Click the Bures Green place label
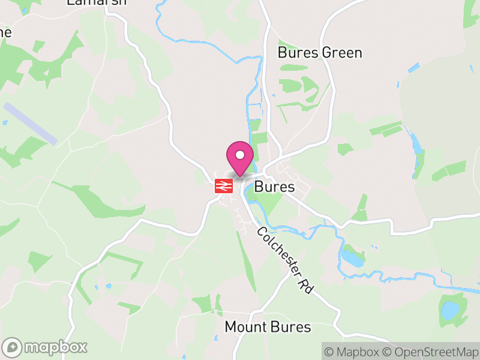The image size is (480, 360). (320, 53)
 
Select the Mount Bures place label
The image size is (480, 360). (268, 327)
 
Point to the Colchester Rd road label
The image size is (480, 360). (286, 260)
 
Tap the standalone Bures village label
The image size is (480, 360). (275, 187)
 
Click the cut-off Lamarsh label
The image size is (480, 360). (97, 2)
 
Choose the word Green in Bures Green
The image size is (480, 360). (342, 53)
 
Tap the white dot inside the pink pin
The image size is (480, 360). (240, 155)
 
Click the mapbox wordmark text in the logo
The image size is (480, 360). (55, 347)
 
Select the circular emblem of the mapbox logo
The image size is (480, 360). (13, 347)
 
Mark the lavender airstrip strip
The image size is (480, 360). (30, 123)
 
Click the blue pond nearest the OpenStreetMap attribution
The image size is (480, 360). (448, 311)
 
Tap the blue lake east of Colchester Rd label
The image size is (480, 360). (352, 258)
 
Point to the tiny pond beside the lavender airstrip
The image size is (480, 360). (5, 123)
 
